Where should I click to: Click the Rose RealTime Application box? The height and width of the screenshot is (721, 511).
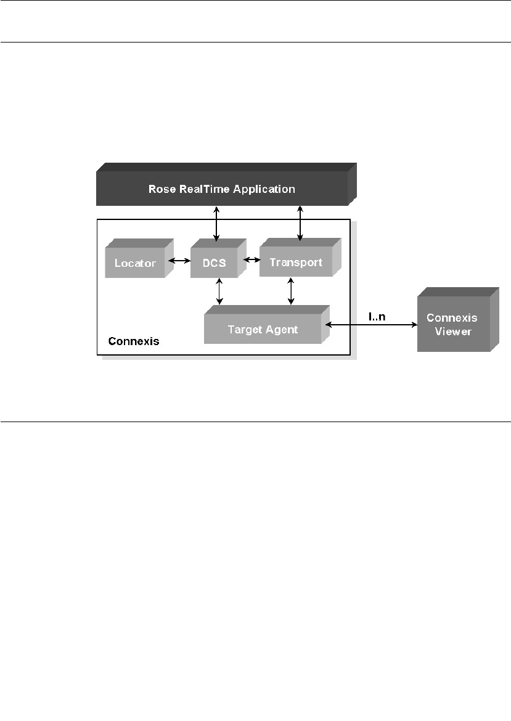222,189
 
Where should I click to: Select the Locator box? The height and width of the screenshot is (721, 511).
135,263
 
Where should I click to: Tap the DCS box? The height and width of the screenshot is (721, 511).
215,263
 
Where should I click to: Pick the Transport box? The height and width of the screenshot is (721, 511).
296,263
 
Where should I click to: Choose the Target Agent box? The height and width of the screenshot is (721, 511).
263,330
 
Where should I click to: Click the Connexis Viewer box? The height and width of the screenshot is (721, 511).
453,324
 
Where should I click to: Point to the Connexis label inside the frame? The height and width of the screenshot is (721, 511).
134,341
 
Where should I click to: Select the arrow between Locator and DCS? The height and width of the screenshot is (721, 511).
179,261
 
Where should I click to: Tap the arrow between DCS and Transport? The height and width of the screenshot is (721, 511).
251,259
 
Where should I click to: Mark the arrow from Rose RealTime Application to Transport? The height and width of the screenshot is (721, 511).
300,222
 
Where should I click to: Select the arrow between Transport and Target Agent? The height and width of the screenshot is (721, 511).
292,290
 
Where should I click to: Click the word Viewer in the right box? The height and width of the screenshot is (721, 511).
453,331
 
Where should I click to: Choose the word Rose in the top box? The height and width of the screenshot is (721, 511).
161,189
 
